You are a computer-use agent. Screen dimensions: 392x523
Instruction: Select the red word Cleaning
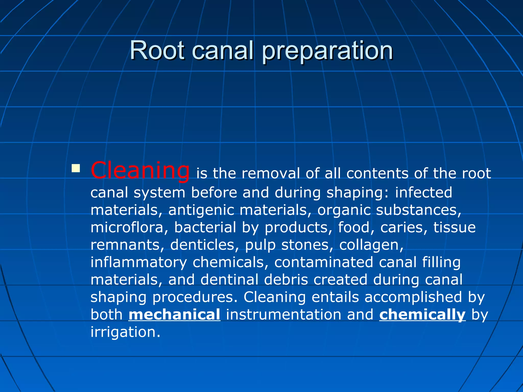coord(140,170)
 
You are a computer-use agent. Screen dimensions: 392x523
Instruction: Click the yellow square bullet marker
coord(76,168)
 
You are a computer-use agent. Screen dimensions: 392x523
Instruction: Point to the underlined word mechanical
coord(174,314)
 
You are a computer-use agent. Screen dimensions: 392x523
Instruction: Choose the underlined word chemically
coord(422,314)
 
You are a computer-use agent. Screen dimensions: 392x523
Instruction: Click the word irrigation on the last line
coord(125,332)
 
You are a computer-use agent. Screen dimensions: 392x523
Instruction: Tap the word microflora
coord(127,227)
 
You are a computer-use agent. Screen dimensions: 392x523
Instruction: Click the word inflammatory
coord(139,263)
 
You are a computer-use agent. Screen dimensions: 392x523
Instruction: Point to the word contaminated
coord(324,262)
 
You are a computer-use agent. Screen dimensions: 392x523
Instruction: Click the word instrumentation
coord(283,314)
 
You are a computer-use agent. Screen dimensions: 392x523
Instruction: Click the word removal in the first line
coord(270,174)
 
